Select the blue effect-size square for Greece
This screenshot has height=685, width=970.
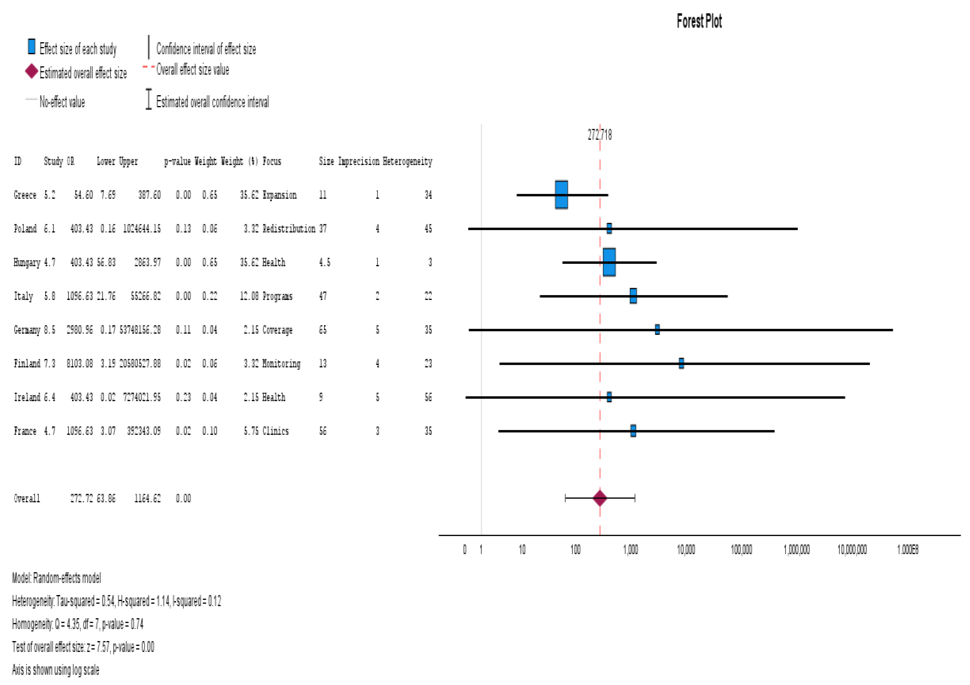tap(561, 195)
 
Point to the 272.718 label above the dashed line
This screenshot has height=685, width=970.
tap(599, 135)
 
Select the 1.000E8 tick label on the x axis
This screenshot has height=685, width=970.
tap(907, 549)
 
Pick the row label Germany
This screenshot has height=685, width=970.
tap(27, 330)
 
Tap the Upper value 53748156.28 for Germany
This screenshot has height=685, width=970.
tap(140, 330)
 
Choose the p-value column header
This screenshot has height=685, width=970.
tap(177, 161)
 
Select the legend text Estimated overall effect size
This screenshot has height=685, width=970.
tap(83, 73)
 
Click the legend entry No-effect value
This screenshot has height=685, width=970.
tap(62, 102)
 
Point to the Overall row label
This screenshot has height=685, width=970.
tap(27, 499)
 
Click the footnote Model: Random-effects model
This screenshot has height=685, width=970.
tap(56, 578)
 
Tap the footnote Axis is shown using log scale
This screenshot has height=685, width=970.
tap(55, 670)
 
